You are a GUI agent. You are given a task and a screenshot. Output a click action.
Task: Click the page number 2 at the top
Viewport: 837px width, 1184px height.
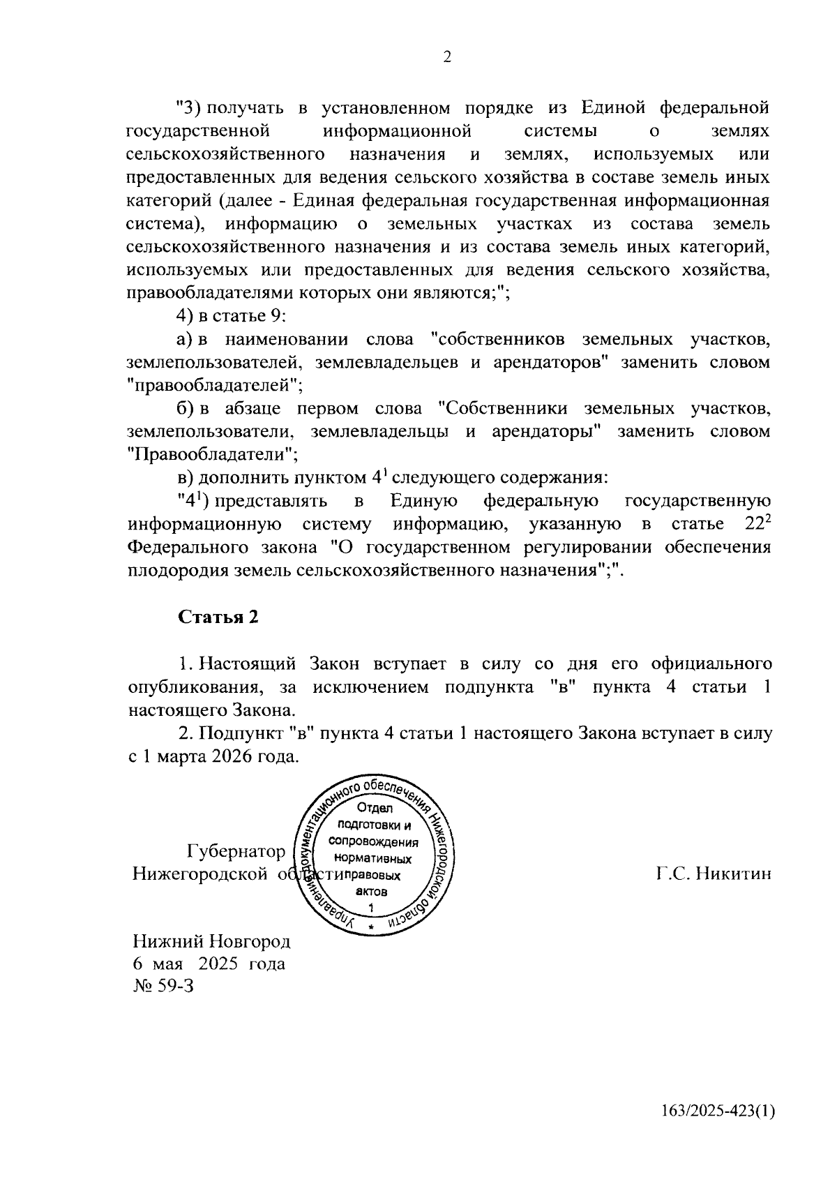pos(447,57)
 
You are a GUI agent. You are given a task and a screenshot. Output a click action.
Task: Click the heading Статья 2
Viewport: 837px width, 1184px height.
pos(218,617)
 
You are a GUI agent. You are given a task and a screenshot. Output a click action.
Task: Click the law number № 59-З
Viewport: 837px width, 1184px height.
pos(163,987)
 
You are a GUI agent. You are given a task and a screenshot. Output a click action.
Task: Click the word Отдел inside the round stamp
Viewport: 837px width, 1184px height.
pos(375,809)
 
